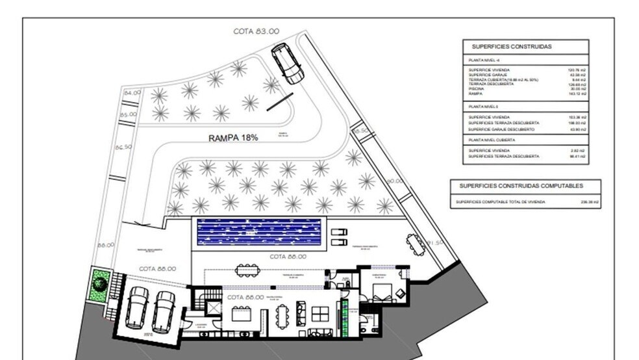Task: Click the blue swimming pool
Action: [259, 231]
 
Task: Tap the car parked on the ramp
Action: [287, 64]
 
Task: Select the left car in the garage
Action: [137, 307]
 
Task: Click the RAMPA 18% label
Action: [233, 138]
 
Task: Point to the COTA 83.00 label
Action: [257, 31]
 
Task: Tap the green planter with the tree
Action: [99, 284]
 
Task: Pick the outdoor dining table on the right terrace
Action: [413, 244]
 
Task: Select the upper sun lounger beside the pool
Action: [339, 231]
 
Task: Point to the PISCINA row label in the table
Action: [477, 89]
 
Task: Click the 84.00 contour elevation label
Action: [132, 94]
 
